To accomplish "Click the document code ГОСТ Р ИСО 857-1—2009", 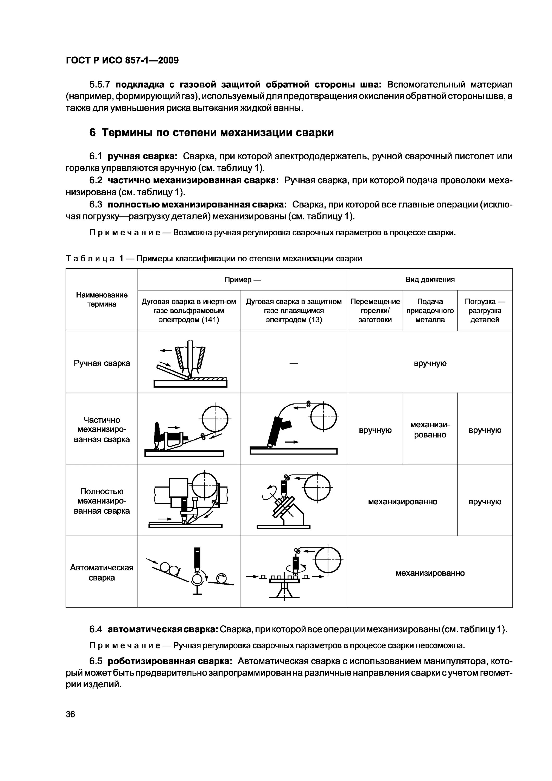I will pyautogui.click(x=122, y=61).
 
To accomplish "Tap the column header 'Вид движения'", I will pyautogui.click(x=430, y=280).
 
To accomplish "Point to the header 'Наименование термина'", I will pyautogui.click(x=102, y=299).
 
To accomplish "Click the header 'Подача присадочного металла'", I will pyautogui.click(x=430, y=310).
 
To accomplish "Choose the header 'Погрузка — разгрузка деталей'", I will pyautogui.click(x=485, y=310).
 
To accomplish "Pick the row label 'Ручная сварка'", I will pyautogui.click(x=102, y=363).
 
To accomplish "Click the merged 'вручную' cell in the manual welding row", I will pyautogui.click(x=430, y=363).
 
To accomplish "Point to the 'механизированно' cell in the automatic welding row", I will pyautogui.click(x=430, y=573).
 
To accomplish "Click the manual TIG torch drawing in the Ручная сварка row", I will pyautogui.click(x=191, y=364).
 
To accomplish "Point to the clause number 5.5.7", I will pyautogui.click(x=99, y=84).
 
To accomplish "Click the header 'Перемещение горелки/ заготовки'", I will pyautogui.click(x=375, y=310).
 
